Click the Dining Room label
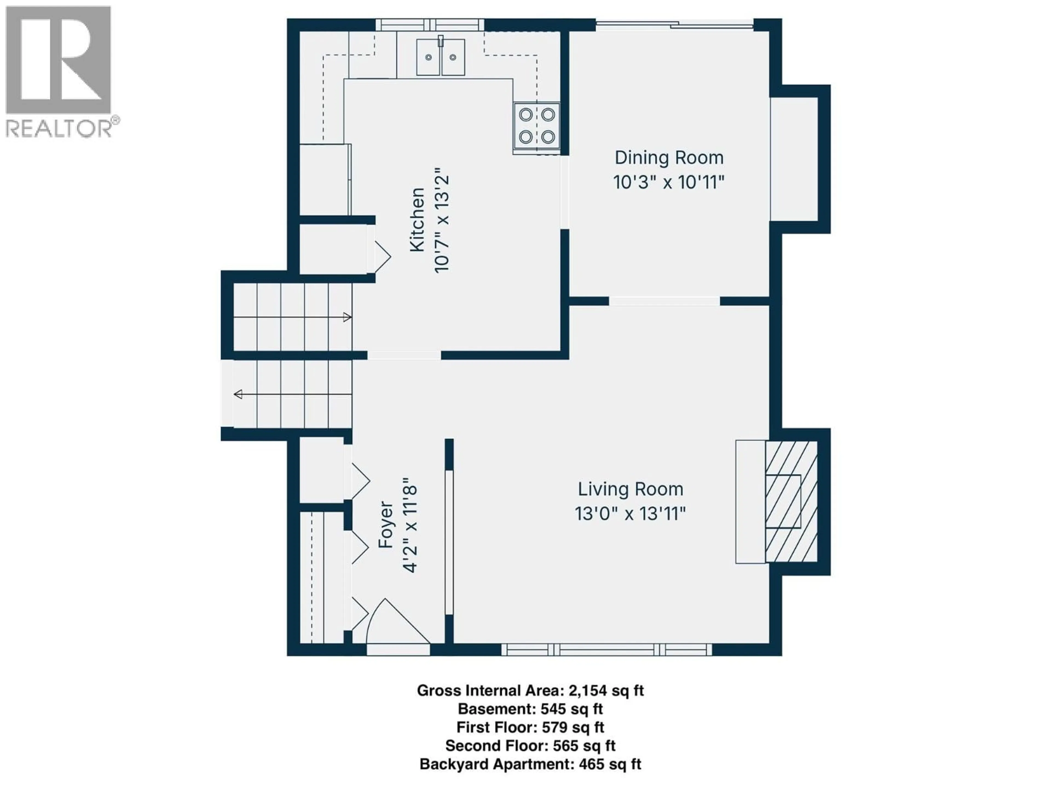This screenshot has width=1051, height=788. [669, 158]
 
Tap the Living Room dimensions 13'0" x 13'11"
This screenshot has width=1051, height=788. [630, 514]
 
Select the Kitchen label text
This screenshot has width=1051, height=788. [417, 219]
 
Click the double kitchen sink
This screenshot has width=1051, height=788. [440, 57]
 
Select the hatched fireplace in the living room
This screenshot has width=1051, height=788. [791, 502]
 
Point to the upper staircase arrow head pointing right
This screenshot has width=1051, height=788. [347, 317]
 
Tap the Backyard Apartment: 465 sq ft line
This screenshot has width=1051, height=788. [530, 764]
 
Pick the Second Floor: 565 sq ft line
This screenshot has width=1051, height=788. [530, 746]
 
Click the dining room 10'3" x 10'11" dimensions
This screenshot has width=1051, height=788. [669, 182]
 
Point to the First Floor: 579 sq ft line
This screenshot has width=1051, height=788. [530, 727]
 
